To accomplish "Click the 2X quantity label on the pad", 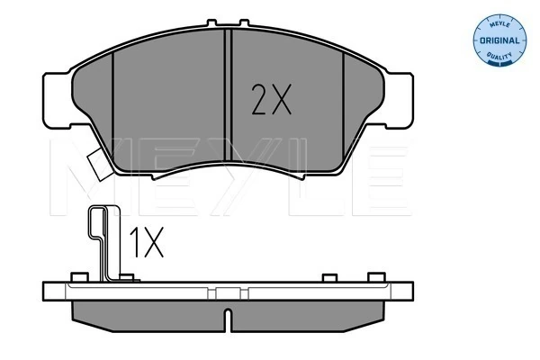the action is click(x=272, y=100).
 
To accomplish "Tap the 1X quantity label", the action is click(x=147, y=242).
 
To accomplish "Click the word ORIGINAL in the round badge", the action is click(x=499, y=40).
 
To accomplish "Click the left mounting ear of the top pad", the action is click(x=58, y=101).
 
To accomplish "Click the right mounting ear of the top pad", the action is click(x=399, y=101).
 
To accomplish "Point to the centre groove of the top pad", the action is click(x=228, y=95).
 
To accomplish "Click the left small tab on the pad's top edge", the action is click(x=211, y=22).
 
